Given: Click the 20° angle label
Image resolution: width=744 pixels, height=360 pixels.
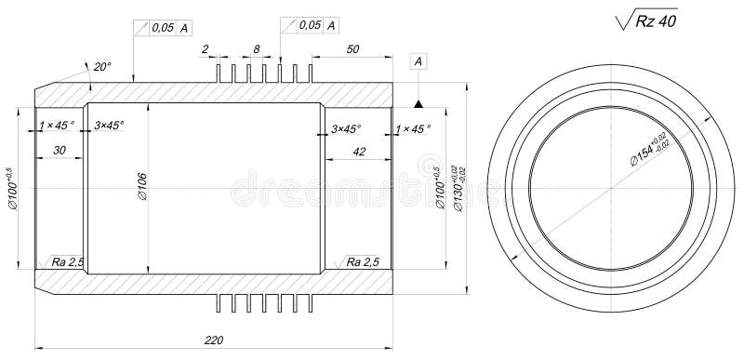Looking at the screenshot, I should pyautogui.click(x=100, y=66).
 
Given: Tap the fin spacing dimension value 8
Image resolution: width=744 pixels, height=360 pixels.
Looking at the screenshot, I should pyautogui.click(x=257, y=47).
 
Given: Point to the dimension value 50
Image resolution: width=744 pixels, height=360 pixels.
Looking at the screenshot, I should pyautogui.click(x=352, y=47).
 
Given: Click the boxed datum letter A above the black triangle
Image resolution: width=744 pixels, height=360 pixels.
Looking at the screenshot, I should pyautogui.click(x=418, y=61).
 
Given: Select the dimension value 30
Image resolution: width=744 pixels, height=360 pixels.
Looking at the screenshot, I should pyautogui.click(x=59, y=150).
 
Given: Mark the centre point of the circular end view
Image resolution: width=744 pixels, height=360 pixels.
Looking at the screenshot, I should pyautogui.click(x=610, y=188).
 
